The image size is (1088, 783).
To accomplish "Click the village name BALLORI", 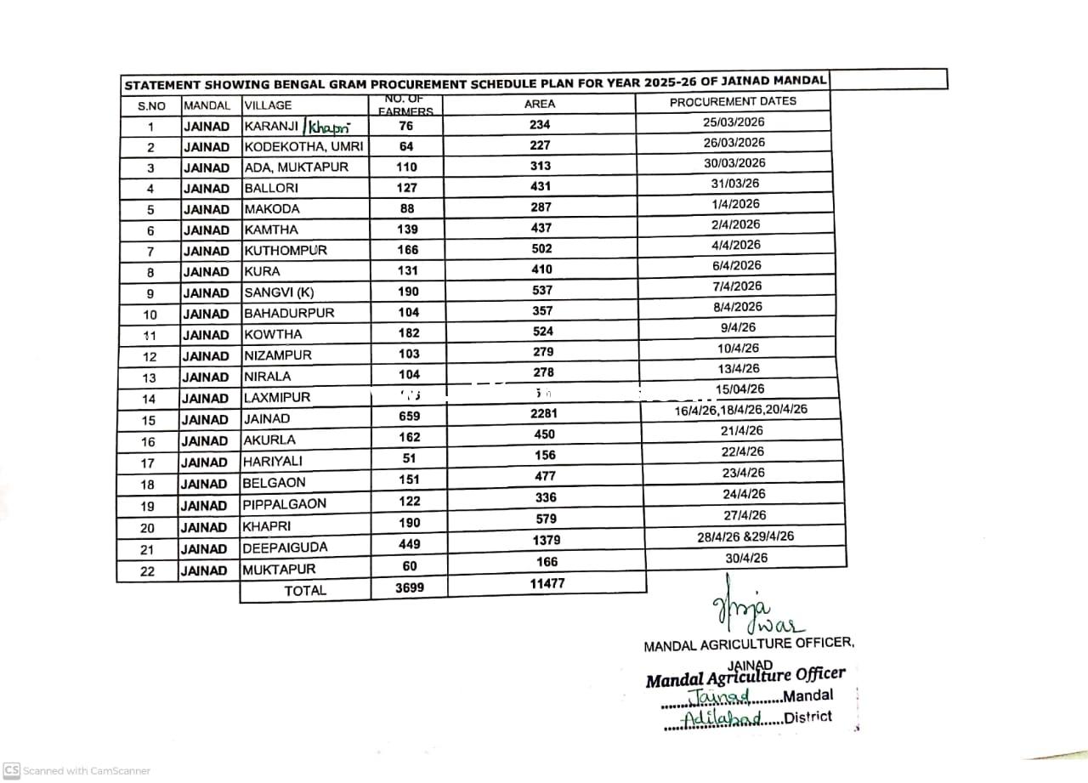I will point(271,188).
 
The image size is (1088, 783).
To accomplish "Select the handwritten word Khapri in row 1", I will point(329,128).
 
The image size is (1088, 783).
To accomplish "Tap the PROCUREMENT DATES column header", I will point(733,101).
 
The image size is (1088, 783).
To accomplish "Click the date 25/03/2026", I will point(734,122).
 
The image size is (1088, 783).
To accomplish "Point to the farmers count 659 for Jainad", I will point(409,417).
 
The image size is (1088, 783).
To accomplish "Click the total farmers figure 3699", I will point(409,587).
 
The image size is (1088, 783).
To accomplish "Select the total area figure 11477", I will point(547,584).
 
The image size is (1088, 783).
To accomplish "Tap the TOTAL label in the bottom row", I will point(305,591).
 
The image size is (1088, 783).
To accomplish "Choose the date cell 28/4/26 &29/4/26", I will point(745,537).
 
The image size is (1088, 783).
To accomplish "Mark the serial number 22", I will point(147,571).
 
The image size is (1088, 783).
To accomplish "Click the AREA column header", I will point(540,104).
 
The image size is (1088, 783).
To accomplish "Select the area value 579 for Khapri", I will point(547,519).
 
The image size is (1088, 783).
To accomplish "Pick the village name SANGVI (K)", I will point(279,292).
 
